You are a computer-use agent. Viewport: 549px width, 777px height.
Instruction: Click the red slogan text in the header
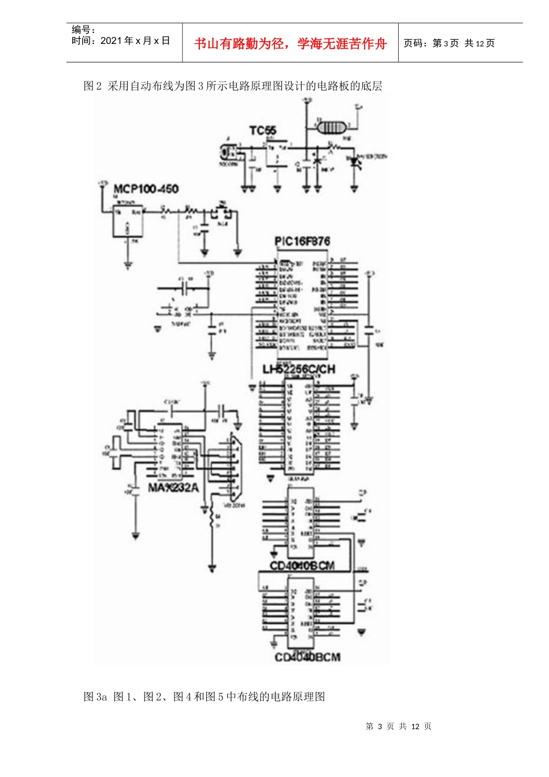290,44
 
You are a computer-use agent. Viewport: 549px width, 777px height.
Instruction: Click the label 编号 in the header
84,29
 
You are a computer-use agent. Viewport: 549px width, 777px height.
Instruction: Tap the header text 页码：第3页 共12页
449,43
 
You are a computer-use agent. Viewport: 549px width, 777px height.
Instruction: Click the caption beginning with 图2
233,86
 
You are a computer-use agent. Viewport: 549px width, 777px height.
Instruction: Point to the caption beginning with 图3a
205,697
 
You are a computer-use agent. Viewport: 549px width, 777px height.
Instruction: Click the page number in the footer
399,726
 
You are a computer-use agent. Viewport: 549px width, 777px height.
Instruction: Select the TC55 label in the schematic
263,131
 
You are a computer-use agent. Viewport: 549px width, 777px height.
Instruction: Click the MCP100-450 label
146,189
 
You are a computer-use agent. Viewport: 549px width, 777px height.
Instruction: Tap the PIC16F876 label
302,241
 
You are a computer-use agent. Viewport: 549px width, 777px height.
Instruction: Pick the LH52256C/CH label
299,369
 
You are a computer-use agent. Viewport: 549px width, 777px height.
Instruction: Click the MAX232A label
173,487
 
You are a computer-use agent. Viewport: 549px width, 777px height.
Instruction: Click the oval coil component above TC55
331,127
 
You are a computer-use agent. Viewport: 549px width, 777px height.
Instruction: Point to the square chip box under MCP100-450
128,219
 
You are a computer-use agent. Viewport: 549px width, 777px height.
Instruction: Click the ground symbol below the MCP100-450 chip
128,265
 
